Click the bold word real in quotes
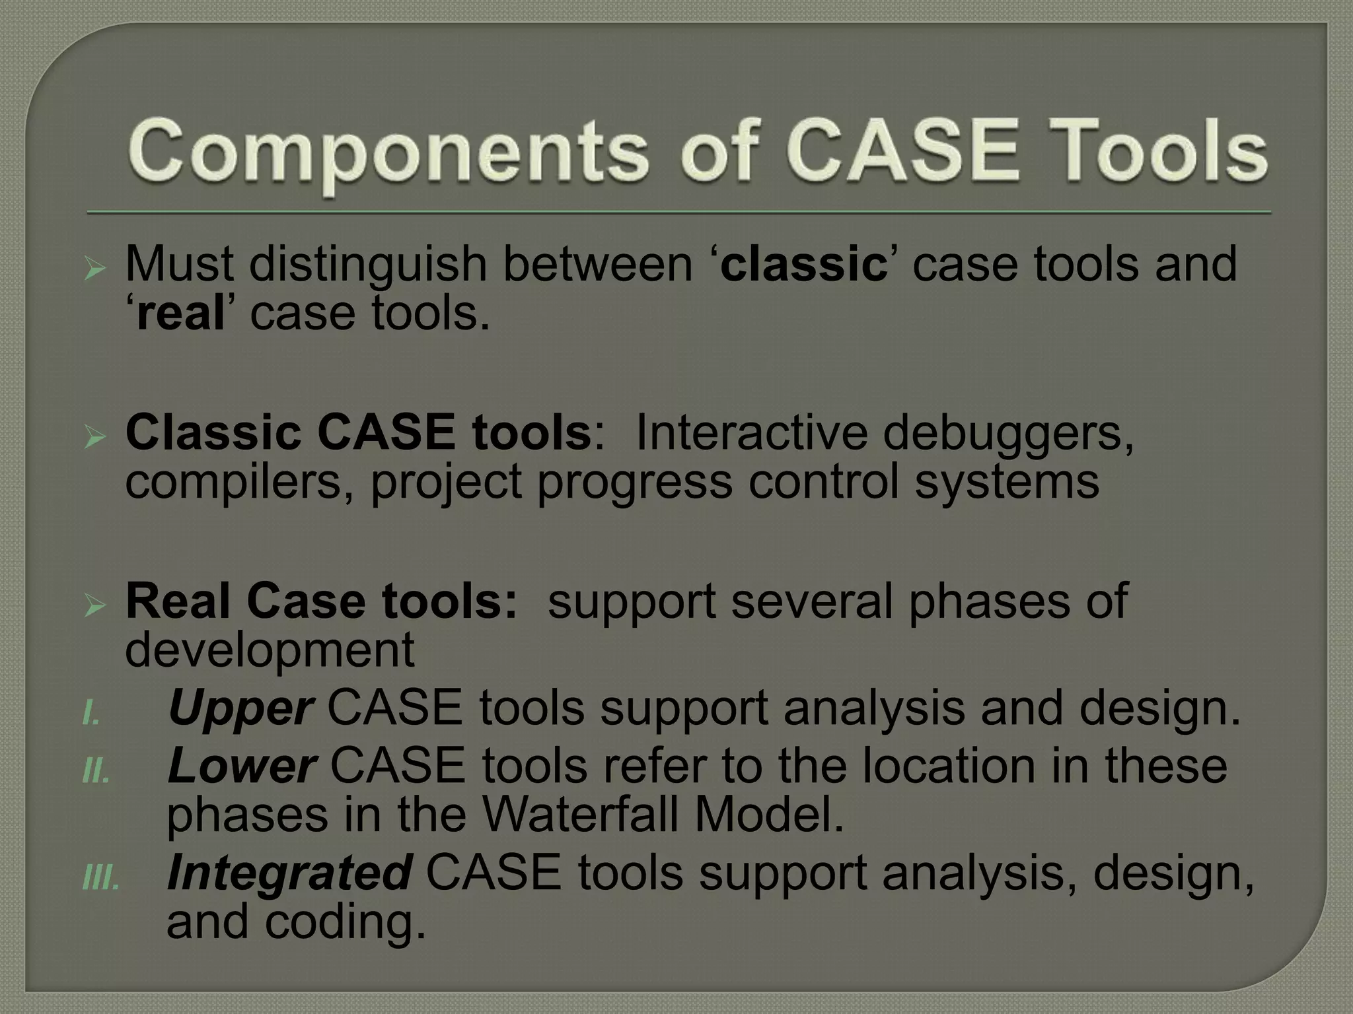[180, 314]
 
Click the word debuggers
[1007, 434]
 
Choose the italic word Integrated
[290, 873]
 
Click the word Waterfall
[581, 816]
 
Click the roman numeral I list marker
[91, 715]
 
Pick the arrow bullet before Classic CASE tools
[95, 438]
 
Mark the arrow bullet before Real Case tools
[95, 605]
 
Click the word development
[270, 651]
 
